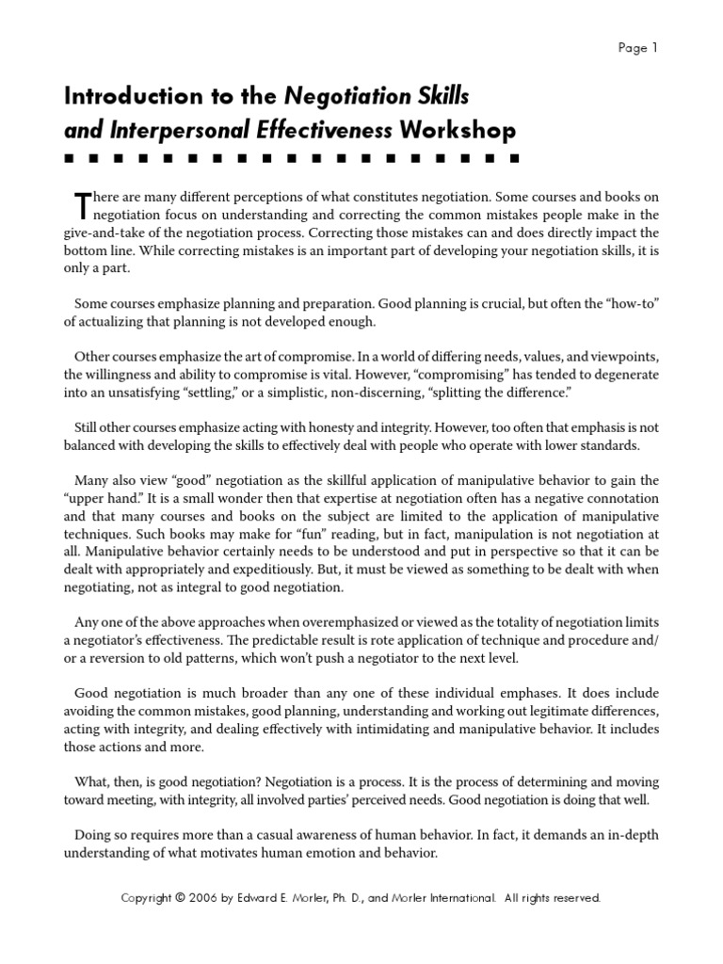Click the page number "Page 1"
(638, 49)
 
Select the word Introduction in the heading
(121, 96)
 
